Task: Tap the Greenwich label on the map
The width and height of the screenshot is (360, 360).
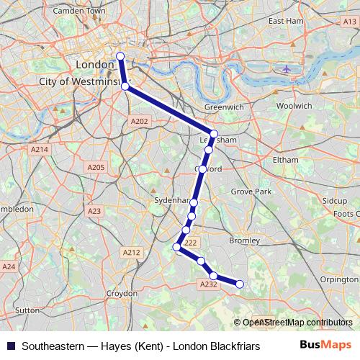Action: tap(224, 107)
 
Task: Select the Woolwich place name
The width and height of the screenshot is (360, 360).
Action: tap(294, 105)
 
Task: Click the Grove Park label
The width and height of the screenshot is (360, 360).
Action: tap(251, 192)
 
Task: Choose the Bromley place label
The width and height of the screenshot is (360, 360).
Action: tap(243, 240)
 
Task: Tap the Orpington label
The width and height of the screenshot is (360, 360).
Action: tap(339, 279)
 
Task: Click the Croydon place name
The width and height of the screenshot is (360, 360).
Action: tap(122, 294)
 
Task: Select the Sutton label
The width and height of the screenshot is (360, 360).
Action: tap(27, 310)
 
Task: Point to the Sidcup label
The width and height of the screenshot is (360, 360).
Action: tap(335, 200)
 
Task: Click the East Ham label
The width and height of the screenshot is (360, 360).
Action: tap(286, 21)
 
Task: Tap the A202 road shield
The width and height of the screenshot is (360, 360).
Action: tap(140, 121)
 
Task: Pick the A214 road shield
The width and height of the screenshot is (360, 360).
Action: tap(39, 149)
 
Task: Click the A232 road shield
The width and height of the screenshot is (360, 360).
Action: tap(208, 284)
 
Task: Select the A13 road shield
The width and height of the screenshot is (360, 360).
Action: tap(350, 22)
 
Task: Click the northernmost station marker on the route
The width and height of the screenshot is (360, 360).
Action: tap(120, 56)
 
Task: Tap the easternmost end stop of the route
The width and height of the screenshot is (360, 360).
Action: tap(240, 284)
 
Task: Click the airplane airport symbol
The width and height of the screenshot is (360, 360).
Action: tap(287, 68)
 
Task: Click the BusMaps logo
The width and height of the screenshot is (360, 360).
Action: tap(326, 345)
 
